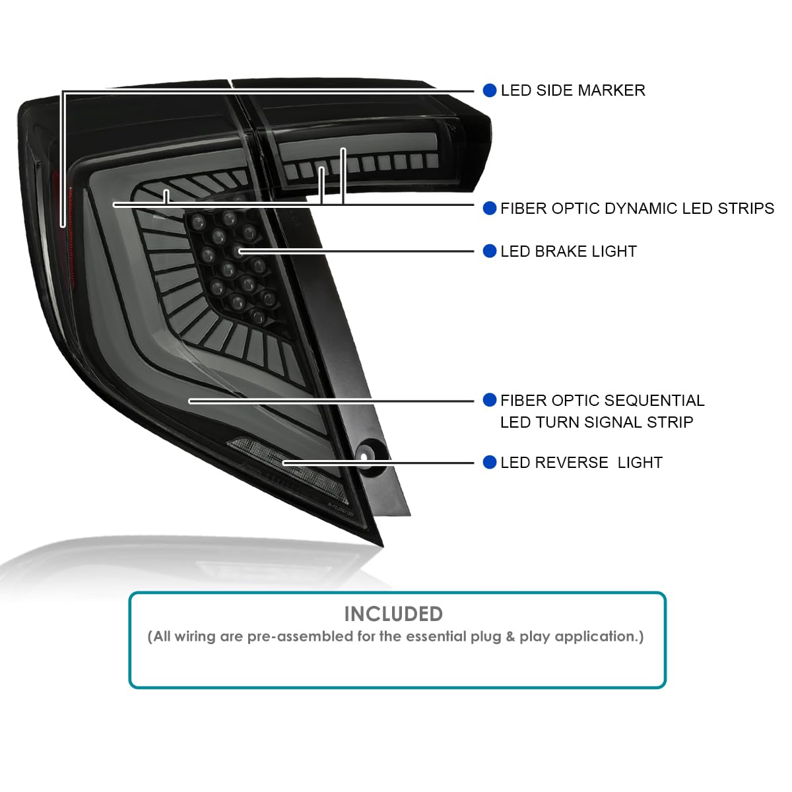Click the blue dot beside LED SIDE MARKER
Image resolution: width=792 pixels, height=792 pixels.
tap(490, 91)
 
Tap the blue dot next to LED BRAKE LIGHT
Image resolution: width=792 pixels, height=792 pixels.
tap(490, 251)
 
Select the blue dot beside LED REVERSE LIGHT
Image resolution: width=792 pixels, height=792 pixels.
tap(490, 463)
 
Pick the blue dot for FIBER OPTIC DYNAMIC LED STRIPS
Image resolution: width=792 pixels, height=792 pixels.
tap(490, 209)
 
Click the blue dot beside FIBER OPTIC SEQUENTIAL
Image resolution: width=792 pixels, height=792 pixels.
tap(490, 400)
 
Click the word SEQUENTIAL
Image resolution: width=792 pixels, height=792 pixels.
tap(654, 401)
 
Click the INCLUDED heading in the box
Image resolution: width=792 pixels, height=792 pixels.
tap(393, 614)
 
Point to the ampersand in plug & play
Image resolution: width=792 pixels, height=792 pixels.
tap(510, 636)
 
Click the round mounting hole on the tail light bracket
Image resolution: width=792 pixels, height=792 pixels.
tap(364, 457)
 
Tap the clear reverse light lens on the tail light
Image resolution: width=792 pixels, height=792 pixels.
tap(288, 469)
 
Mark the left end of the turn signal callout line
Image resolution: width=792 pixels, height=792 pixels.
tap(190, 401)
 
